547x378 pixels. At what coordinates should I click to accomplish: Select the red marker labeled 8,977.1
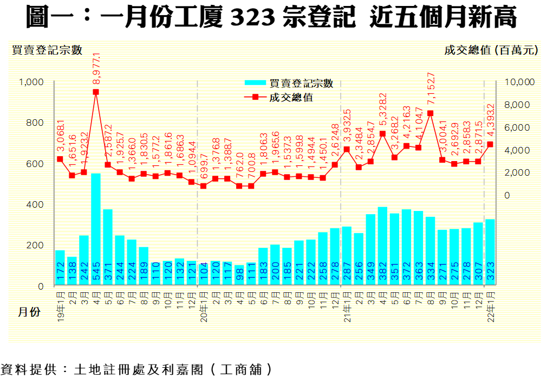coord(96,92)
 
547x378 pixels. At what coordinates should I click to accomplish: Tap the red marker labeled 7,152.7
coord(430,113)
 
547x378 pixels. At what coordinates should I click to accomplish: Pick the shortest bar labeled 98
coord(239,276)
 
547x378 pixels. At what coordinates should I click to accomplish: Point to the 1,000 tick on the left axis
coord(31,82)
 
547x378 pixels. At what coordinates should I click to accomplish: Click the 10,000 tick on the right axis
coord(519,82)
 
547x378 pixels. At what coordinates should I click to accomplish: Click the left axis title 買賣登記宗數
coord(47,50)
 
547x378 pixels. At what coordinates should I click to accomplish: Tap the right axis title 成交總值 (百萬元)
coord(491,50)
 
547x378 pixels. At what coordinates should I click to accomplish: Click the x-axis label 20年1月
coord(204,307)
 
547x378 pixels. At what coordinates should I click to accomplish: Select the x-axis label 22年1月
coord(490,307)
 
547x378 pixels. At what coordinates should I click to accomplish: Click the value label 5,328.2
coord(383,111)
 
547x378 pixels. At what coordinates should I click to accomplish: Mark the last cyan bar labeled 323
coord(490,252)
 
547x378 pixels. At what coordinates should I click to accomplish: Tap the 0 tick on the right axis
coord(507,195)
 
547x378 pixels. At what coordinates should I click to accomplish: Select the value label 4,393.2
coord(491,121)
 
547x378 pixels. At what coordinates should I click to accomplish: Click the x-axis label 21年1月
coord(347,307)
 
